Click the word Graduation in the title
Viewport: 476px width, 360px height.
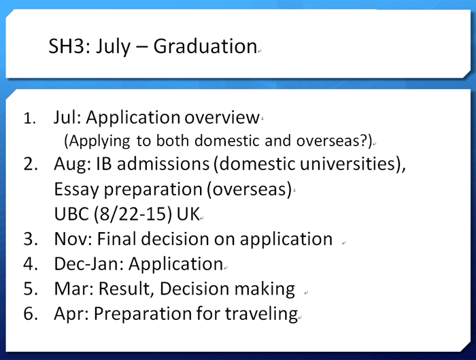coord(205,46)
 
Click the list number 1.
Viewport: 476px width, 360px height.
coord(29,118)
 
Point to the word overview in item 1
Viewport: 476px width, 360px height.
coord(222,117)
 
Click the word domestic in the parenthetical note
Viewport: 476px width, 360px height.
coord(226,140)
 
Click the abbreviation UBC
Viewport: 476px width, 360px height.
coord(71,214)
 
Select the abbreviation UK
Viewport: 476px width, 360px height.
coord(188,214)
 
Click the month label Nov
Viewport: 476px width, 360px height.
coord(73,239)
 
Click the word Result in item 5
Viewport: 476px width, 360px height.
coord(124,289)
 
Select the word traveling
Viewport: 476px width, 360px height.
coord(261,314)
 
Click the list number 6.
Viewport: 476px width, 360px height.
coord(31,314)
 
